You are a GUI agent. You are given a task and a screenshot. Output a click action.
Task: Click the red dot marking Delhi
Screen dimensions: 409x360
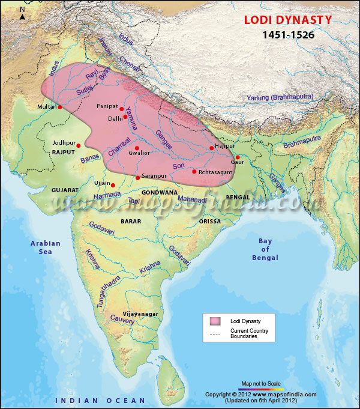click(x=125, y=117)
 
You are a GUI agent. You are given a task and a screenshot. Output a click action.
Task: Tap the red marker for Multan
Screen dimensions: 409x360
click(x=60, y=107)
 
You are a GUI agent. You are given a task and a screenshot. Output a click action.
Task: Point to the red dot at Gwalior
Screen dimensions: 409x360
click(x=137, y=148)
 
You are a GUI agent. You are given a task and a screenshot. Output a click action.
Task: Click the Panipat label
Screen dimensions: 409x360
click(x=107, y=106)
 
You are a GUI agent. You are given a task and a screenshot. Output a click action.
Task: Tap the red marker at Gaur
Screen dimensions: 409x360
click(x=238, y=157)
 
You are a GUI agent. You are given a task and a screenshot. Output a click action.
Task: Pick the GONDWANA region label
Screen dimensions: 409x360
click(x=160, y=192)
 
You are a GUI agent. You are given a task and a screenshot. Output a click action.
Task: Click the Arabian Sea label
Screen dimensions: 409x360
click(x=46, y=247)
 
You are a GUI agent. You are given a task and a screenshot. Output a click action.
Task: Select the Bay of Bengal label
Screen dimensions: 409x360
click(x=265, y=249)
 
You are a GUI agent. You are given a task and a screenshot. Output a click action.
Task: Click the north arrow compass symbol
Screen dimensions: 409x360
click(x=22, y=13)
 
